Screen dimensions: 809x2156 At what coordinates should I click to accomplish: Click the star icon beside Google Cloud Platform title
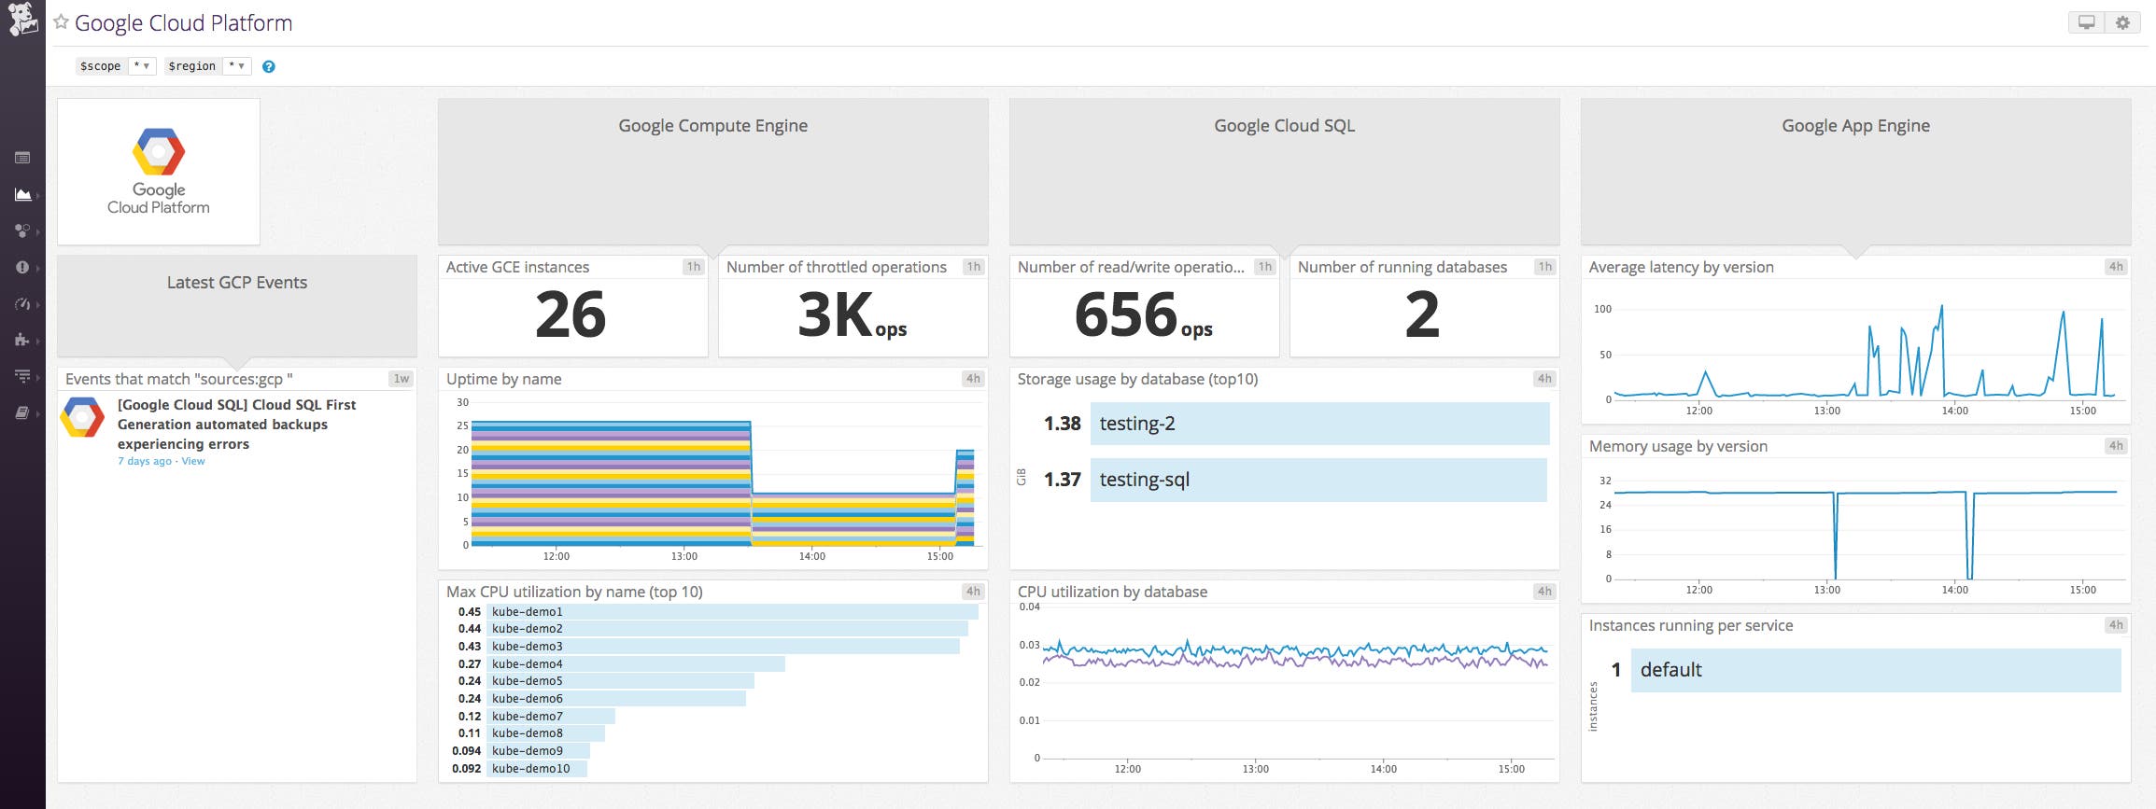(62, 22)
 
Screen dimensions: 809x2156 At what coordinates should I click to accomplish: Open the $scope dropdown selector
(142, 66)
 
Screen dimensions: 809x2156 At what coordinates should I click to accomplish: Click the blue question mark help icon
(269, 66)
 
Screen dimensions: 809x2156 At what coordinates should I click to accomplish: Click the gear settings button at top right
(2122, 23)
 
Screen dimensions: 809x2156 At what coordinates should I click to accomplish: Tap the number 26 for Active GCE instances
(571, 314)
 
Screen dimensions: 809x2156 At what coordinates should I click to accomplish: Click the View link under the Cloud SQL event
(193, 461)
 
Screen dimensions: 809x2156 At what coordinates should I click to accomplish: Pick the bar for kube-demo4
(635, 663)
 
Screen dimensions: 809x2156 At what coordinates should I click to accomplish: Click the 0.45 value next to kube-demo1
(469, 612)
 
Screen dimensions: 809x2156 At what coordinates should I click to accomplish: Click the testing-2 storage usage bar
(1319, 424)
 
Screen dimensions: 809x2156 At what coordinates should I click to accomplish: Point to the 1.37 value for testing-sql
(1062, 480)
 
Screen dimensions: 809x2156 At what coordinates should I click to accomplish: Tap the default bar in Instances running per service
(1875, 670)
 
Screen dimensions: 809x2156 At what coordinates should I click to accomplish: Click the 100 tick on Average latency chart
(1602, 309)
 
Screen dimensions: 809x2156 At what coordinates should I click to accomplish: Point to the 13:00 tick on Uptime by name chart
(683, 556)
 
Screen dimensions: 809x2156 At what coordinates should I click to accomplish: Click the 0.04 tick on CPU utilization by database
(1029, 607)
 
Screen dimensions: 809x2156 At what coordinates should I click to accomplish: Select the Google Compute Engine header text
(712, 126)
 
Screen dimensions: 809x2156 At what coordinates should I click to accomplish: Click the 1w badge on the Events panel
(402, 379)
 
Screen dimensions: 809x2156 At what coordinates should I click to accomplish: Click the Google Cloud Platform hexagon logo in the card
(159, 152)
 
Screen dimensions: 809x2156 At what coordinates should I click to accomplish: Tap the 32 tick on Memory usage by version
(1605, 481)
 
